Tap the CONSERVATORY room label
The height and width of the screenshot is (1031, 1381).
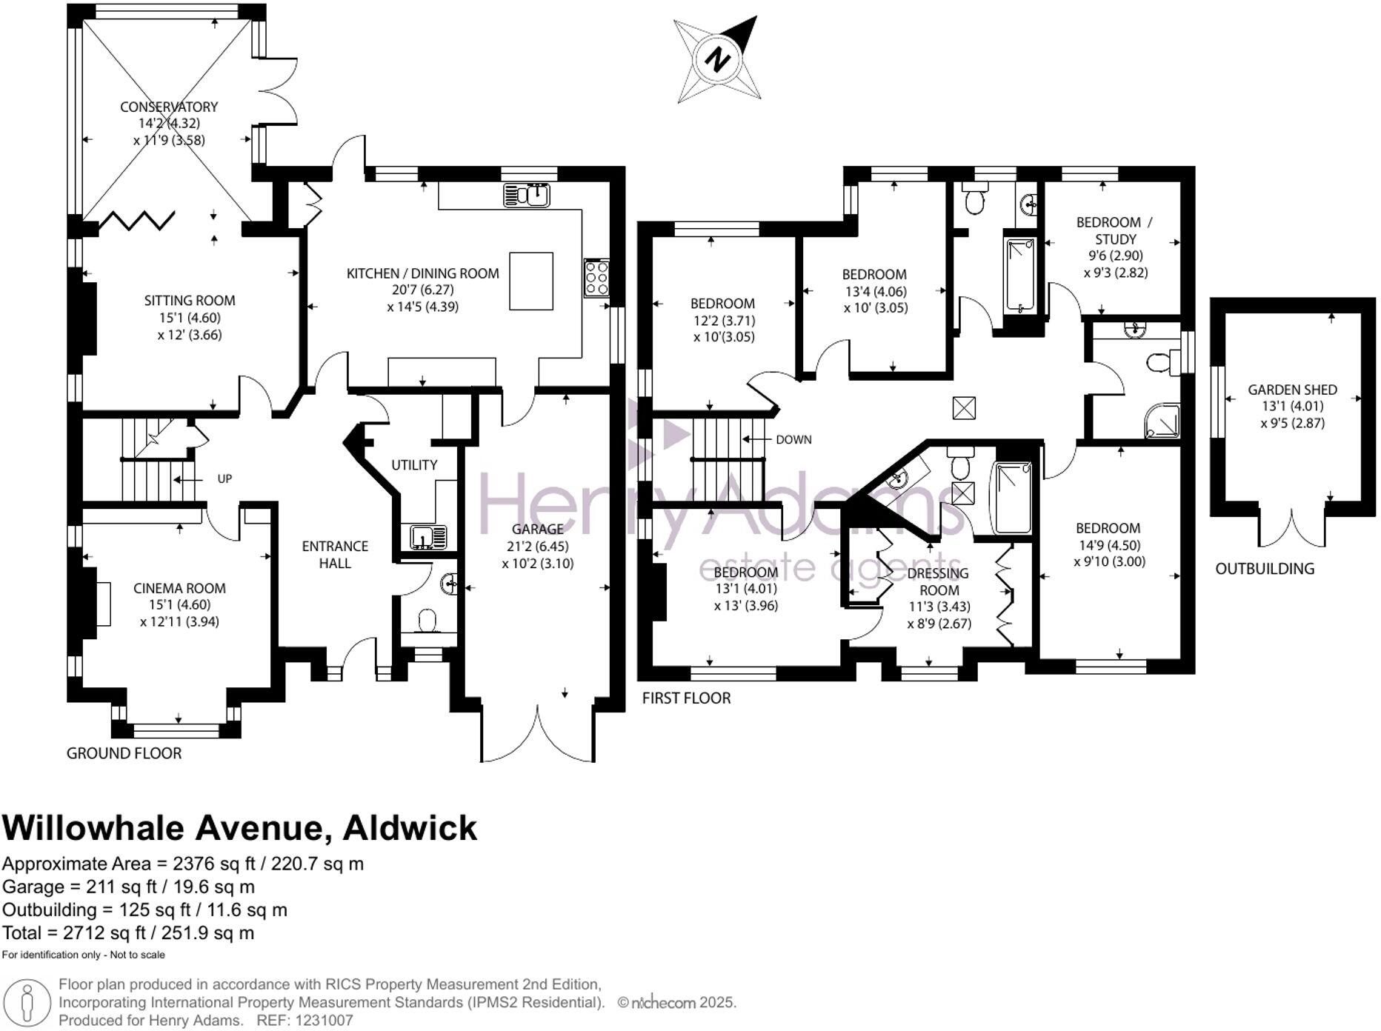(x=169, y=107)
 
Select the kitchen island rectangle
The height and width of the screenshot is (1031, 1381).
(x=531, y=281)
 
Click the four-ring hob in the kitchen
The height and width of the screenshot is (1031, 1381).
(x=596, y=278)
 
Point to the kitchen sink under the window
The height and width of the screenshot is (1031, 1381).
(x=527, y=195)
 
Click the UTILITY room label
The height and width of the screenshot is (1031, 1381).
(x=414, y=464)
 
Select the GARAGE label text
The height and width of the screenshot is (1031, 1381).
(x=537, y=529)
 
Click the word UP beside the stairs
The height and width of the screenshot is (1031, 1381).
(x=224, y=478)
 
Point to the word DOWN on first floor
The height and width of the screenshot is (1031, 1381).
(x=793, y=439)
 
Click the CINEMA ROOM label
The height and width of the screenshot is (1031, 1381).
(x=179, y=588)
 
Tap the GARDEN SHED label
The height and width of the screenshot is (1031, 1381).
(x=1292, y=390)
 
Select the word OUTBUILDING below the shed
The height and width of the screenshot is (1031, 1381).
(x=1265, y=569)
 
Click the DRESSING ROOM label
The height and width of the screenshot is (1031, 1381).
(x=939, y=581)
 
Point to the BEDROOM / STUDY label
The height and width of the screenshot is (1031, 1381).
(x=1115, y=230)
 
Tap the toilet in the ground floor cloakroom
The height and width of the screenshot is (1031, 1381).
(x=427, y=621)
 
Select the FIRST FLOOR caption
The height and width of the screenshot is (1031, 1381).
(x=686, y=698)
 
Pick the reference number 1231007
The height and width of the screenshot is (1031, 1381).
(x=323, y=1021)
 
